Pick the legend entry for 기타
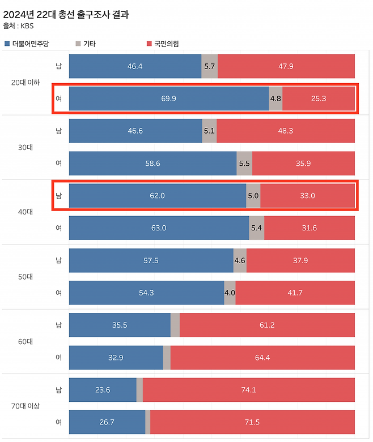click(86, 44)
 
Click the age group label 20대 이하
click(26, 83)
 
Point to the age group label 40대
click(26, 212)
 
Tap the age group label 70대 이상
click(26, 406)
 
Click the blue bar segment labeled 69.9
click(168, 98)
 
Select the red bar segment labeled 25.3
click(318, 98)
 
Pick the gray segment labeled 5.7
click(209, 66)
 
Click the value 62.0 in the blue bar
click(157, 196)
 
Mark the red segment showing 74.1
click(248, 389)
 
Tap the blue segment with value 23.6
click(102, 389)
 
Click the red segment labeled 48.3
click(285, 131)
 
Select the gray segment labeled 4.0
click(230, 293)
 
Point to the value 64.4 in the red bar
click(262, 357)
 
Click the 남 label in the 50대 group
click(58, 260)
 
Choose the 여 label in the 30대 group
click(58, 163)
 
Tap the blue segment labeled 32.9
click(116, 357)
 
